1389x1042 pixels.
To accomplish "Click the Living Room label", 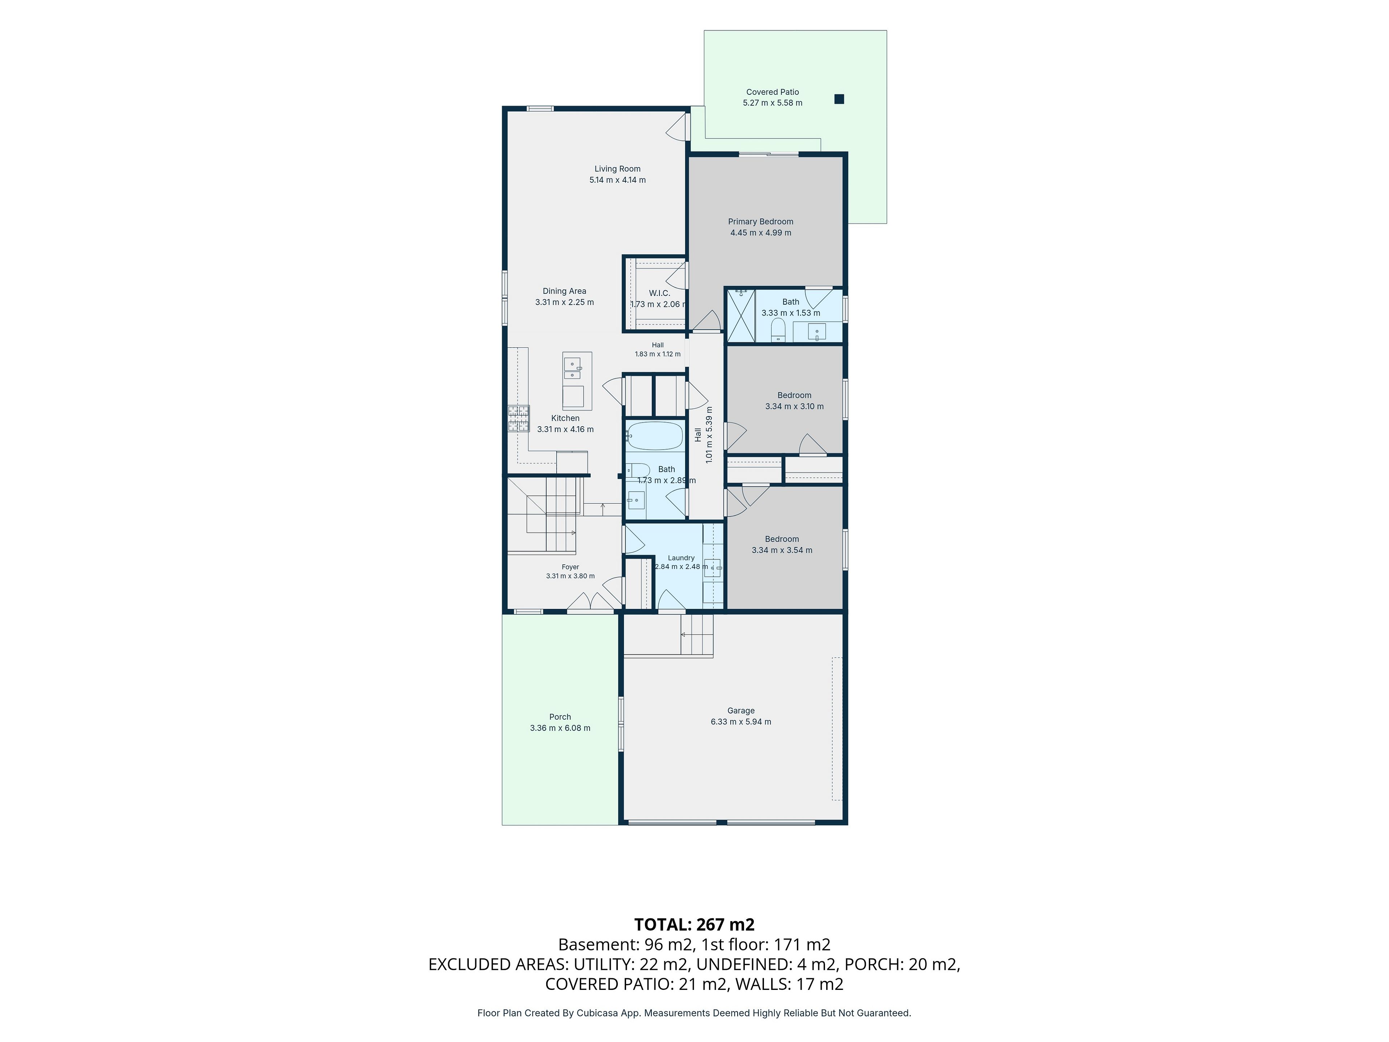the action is [617, 169].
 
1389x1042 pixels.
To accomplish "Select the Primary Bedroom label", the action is [760, 222].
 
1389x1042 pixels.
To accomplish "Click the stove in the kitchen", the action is [519, 418].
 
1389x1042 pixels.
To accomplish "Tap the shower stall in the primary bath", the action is [741, 315].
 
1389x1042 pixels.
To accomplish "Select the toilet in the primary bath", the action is [778, 330].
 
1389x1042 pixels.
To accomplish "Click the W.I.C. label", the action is [659, 293].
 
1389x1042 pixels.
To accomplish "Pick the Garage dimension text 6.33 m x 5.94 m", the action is [741, 722].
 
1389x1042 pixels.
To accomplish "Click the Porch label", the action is [560, 717].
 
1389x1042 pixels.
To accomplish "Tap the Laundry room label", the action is [681, 558].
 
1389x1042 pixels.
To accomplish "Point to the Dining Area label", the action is [565, 291].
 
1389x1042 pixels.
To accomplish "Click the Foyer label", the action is [570, 567].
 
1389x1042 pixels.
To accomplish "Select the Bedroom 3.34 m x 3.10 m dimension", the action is [794, 406].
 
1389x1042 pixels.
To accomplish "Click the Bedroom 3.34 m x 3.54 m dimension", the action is [782, 550].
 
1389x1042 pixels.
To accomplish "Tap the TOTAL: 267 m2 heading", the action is [694, 924].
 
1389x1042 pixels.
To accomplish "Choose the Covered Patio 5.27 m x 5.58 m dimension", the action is [772, 103].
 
